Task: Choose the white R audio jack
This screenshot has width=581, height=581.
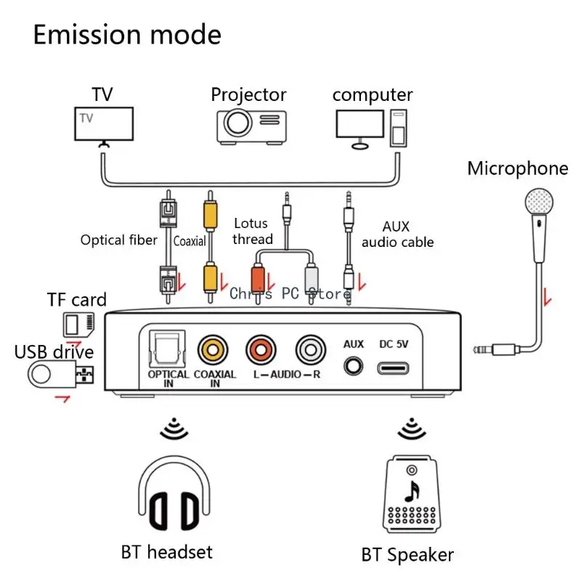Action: pyautogui.click(x=309, y=349)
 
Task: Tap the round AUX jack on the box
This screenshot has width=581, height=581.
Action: pyautogui.click(x=354, y=365)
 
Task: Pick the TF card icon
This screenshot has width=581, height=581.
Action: pyautogui.click(x=78, y=322)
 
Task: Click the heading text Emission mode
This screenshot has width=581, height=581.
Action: pyautogui.click(x=127, y=34)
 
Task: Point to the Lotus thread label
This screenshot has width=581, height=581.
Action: pyautogui.click(x=252, y=231)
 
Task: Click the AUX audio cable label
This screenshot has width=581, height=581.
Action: pyautogui.click(x=397, y=235)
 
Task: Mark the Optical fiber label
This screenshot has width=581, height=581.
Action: pyautogui.click(x=119, y=240)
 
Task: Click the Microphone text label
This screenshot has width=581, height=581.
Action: pyautogui.click(x=517, y=169)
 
